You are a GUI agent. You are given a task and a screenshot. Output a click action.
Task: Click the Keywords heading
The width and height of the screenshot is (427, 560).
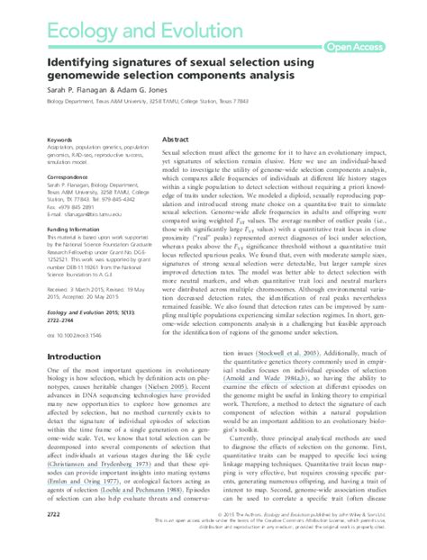[60, 140]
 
